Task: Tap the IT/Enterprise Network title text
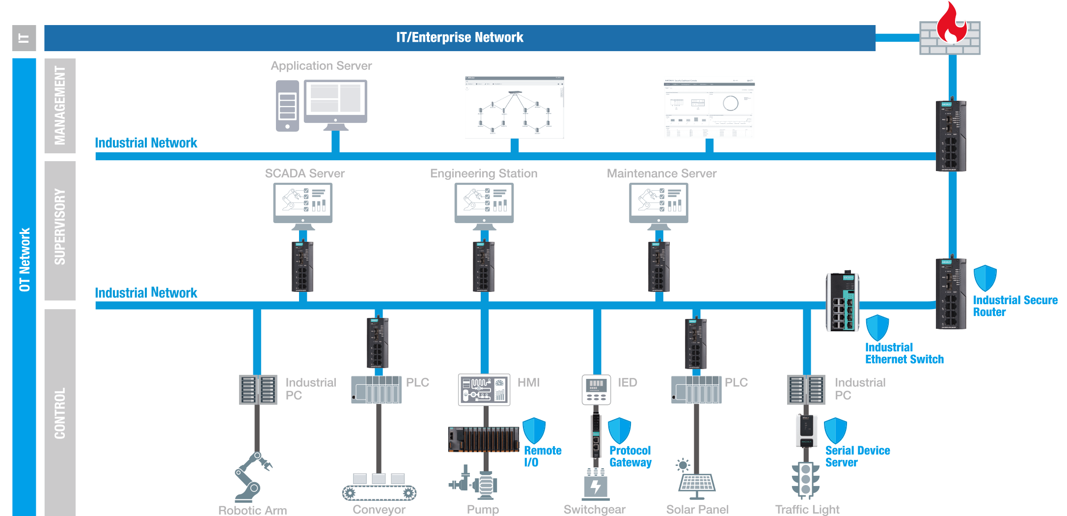(x=460, y=38)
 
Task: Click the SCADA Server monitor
(x=303, y=202)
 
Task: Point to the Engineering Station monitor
(x=484, y=202)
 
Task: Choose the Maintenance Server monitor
(x=659, y=202)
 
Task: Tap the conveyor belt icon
(x=379, y=487)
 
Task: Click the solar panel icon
(x=696, y=479)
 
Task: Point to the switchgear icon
(x=596, y=484)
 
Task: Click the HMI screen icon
(x=484, y=390)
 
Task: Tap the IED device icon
(x=596, y=390)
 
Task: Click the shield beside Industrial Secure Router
(x=985, y=279)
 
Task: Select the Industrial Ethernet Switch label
(x=904, y=353)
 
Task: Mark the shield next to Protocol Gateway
(x=619, y=430)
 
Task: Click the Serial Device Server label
(x=857, y=457)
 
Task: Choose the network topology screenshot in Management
(x=514, y=108)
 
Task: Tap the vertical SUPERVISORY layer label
(x=60, y=227)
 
